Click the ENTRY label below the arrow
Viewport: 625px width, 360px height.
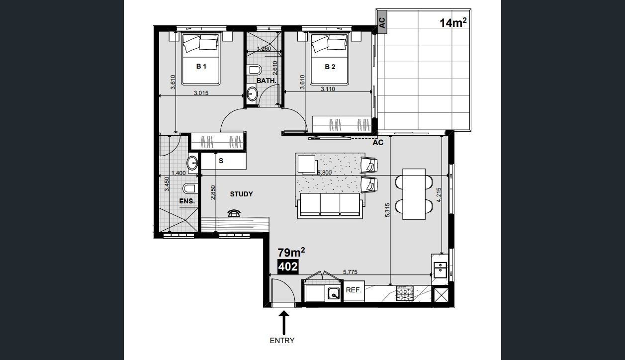pos(282,341)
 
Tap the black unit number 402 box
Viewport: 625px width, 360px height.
pos(288,267)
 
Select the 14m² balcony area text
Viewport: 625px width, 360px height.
pos(453,22)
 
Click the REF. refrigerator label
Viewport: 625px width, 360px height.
pos(354,290)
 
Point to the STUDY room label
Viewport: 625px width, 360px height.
pos(241,194)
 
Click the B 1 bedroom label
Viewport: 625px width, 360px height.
pos(201,66)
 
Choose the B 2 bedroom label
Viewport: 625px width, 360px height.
pos(330,67)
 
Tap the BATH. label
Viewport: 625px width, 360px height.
pos(266,81)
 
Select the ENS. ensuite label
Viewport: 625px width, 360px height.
pos(187,201)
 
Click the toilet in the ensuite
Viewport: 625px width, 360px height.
pos(190,188)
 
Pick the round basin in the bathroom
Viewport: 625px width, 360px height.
pos(253,93)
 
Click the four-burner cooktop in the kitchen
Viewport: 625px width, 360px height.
pos(405,293)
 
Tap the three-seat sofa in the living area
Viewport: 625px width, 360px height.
pos(330,206)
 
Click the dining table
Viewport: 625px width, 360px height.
pos(414,194)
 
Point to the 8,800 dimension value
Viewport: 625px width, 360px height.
pos(325,173)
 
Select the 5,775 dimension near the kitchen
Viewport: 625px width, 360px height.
pos(350,272)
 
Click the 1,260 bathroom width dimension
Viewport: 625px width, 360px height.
pos(264,49)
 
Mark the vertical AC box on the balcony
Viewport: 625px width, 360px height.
pos(382,22)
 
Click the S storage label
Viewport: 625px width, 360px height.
pos(221,161)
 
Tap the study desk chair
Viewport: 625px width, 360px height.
pos(234,213)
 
